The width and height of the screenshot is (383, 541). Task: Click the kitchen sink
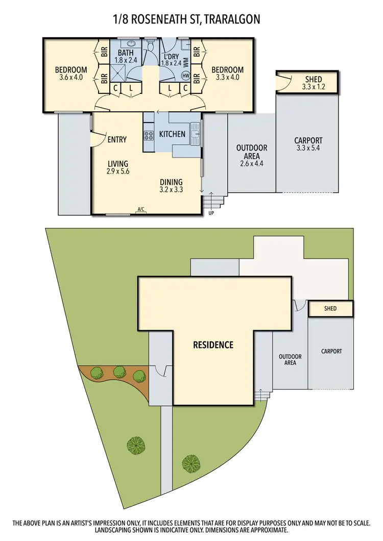(x=195, y=134)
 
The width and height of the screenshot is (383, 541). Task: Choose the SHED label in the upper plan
(x=313, y=79)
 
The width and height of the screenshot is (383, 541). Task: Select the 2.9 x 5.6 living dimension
(x=118, y=171)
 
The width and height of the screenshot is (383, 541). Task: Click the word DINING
(x=171, y=182)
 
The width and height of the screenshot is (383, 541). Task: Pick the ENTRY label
(x=117, y=139)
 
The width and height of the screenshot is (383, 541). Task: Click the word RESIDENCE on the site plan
(x=213, y=345)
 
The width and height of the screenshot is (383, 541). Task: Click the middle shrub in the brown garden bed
(x=119, y=372)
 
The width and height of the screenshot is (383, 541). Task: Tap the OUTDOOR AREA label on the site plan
(x=290, y=359)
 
